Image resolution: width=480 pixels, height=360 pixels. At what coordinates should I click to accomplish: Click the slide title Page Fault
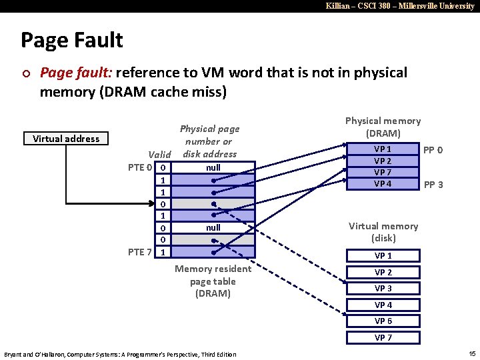72,41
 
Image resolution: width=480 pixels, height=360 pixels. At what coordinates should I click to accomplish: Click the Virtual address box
66,139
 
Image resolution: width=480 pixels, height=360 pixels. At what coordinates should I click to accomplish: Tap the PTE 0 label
141,167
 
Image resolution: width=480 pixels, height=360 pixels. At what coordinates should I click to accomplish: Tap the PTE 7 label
141,252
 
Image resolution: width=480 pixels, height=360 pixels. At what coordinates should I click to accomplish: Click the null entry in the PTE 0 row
213,167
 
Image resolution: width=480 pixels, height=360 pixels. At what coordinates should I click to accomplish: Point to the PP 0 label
433,150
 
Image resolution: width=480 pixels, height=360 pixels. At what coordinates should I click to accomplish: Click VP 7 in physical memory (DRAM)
383,173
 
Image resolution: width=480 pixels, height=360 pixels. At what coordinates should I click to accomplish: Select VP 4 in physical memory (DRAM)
383,184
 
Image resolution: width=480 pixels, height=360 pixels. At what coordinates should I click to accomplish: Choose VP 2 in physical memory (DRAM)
383,161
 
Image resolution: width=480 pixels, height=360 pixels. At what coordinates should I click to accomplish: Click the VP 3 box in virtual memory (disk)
383,289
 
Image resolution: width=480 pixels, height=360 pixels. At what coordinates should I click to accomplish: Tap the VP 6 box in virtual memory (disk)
383,321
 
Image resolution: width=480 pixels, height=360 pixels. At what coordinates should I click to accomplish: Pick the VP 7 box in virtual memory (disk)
383,337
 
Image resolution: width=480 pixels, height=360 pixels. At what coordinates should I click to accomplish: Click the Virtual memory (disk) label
383,232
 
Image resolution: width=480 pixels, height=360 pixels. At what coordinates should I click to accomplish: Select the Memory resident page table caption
213,281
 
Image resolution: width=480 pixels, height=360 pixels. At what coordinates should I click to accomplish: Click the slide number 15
472,353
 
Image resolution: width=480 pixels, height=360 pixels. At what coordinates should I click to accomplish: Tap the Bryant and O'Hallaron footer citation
120,354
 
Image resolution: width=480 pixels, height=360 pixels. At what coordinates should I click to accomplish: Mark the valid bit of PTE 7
164,252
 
